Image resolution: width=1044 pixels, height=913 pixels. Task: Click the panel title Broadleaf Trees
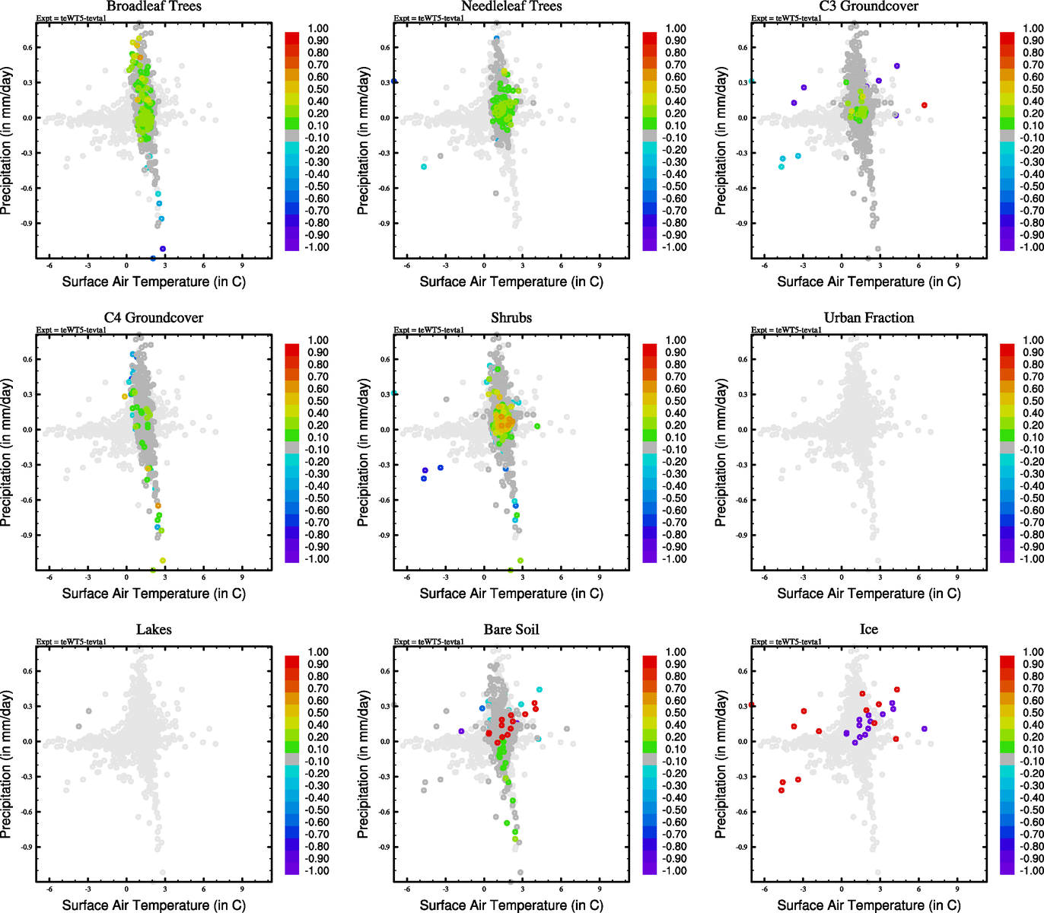click(x=154, y=6)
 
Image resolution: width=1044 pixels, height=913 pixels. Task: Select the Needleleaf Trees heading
click(x=511, y=6)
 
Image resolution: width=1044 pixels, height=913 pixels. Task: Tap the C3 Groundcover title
click(x=868, y=6)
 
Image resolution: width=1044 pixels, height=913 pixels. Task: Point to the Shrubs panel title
click(x=511, y=317)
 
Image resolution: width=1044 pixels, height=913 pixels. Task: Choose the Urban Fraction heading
click(x=868, y=317)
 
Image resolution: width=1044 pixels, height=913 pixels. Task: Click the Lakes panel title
click(x=154, y=629)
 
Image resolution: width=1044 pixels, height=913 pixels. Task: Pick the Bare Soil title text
click(x=511, y=629)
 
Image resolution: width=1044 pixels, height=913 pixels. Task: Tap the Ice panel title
click(x=868, y=629)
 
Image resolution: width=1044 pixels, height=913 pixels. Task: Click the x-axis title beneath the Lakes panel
click(x=154, y=905)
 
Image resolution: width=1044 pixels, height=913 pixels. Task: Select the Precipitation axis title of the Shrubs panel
click(x=363, y=453)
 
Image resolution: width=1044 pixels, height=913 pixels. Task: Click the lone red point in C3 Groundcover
click(x=924, y=105)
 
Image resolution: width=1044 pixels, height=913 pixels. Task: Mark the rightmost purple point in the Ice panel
click(x=924, y=729)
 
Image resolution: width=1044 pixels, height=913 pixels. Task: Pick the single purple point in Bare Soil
click(x=461, y=731)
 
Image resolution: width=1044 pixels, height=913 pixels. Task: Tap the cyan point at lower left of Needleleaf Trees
click(x=424, y=167)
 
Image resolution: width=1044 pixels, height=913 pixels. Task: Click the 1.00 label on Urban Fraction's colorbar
click(x=1033, y=340)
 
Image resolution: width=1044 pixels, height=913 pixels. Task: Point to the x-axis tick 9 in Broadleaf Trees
click(x=242, y=266)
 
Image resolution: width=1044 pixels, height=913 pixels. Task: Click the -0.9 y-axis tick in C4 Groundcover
click(x=26, y=535)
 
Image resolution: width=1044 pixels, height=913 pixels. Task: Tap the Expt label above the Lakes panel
click(x=71, y=641)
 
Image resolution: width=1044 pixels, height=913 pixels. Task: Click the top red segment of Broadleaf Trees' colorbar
click(x=291, y=37)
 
